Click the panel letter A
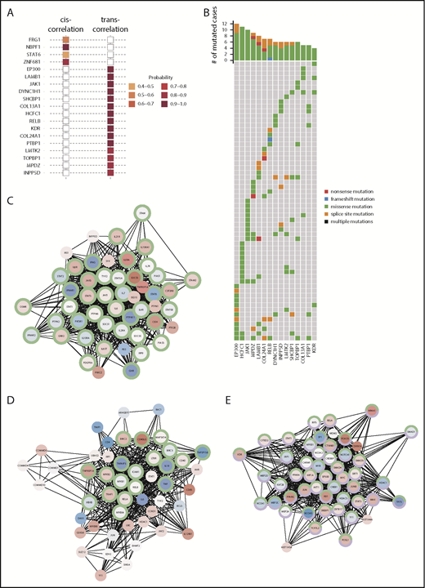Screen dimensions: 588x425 (10, 11)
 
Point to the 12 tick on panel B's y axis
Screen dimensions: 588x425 (227, 24)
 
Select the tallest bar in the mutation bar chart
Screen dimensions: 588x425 (236, 42)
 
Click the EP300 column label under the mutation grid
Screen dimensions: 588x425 (236, 354)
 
